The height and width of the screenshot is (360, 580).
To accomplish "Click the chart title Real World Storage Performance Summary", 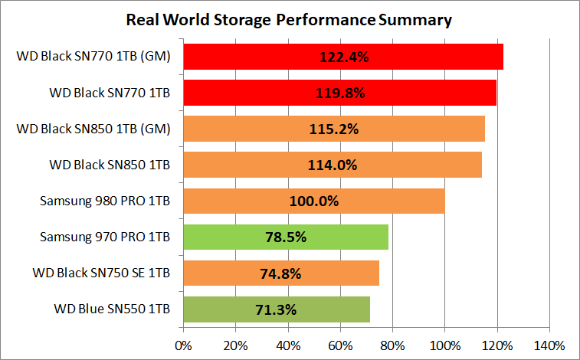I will coord(290,19).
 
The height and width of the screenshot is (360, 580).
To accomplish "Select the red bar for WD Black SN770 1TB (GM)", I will coord(230,57).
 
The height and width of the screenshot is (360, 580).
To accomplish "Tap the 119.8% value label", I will coord(340,93).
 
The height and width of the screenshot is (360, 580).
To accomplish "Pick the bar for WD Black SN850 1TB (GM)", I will coord(230,129).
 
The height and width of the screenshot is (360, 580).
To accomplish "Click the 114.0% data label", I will coord(333,165).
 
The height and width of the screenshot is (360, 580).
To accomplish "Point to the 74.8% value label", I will coord(281,273).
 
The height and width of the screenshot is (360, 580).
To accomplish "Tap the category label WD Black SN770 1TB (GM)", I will coord(93,57).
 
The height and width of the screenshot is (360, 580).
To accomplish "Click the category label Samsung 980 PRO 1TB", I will coord(105,201).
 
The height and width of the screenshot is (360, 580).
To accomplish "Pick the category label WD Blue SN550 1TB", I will coord(112,309).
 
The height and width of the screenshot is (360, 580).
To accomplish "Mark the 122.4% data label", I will coord(343,57).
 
